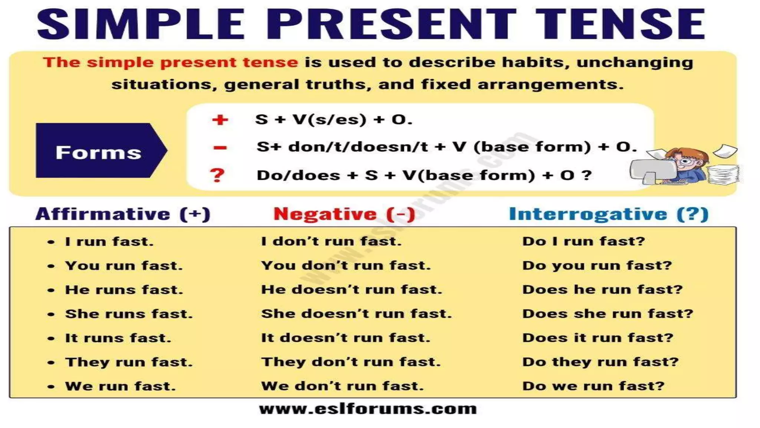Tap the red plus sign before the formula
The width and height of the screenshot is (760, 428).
point(220,120)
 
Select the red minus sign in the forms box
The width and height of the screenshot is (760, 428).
point(220,148)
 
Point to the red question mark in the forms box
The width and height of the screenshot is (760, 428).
point(217,175)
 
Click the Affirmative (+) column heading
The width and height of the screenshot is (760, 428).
point(123,214)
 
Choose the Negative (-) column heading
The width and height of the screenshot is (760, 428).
point(344,214)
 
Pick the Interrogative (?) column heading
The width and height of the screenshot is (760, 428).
point(609,214)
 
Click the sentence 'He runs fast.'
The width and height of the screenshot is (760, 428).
point(124,290)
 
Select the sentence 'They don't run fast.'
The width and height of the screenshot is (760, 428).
point(351,362)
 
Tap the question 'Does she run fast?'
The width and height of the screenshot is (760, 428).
point(607,314)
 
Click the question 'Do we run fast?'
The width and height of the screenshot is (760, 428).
point(593,386)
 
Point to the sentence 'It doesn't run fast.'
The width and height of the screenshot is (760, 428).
point(345,338)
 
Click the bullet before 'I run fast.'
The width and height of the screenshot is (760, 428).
point(51,242)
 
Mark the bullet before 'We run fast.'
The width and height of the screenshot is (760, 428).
point(51,387)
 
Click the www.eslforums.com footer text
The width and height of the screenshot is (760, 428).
point(368,409)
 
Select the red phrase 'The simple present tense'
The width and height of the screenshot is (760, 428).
point(170,62)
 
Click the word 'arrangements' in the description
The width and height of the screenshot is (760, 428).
point(550,84)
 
